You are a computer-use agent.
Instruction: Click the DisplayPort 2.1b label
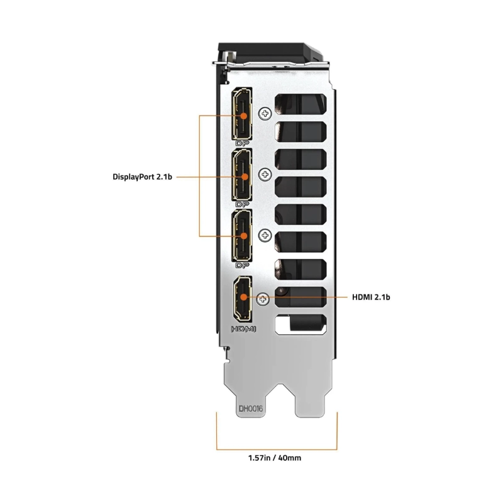pyautogui.click(x=143, y=177)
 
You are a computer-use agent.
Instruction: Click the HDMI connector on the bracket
pyautogui.click(x=242, y=297)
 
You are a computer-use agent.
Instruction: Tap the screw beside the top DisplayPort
pyautogui.click(x=267, y=114)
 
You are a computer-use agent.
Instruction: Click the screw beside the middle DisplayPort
pyautogui.click(x=267, y=175)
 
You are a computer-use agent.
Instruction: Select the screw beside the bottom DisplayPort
pyautogui.click(x=267, y=235)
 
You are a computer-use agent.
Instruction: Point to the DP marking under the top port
pyautogui.click(x=242, y=144)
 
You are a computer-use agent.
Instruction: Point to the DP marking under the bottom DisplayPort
pyautogui.click(x=242, y=265)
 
